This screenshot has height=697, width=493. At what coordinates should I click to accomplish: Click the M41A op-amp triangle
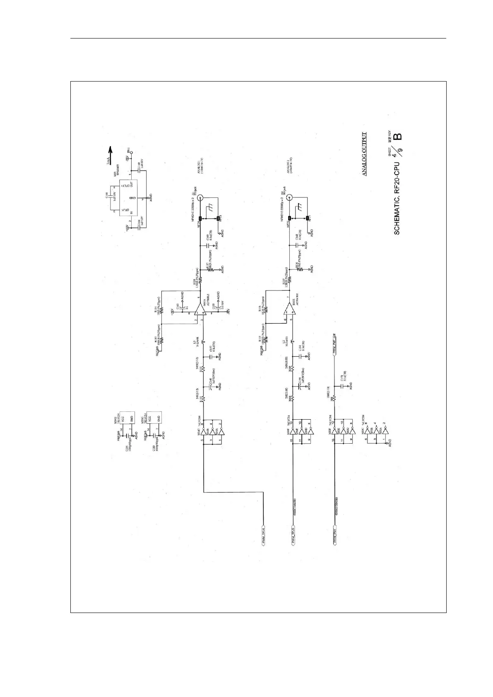click(x=200, y=308)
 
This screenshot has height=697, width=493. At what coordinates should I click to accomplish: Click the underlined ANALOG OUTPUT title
click(x=364, y=154)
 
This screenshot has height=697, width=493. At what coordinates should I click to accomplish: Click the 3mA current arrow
click(x=108, y=153)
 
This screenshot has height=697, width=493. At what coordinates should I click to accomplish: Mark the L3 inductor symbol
click(x=203, y=341)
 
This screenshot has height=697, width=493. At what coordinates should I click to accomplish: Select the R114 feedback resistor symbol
click(x=162, y=309)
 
